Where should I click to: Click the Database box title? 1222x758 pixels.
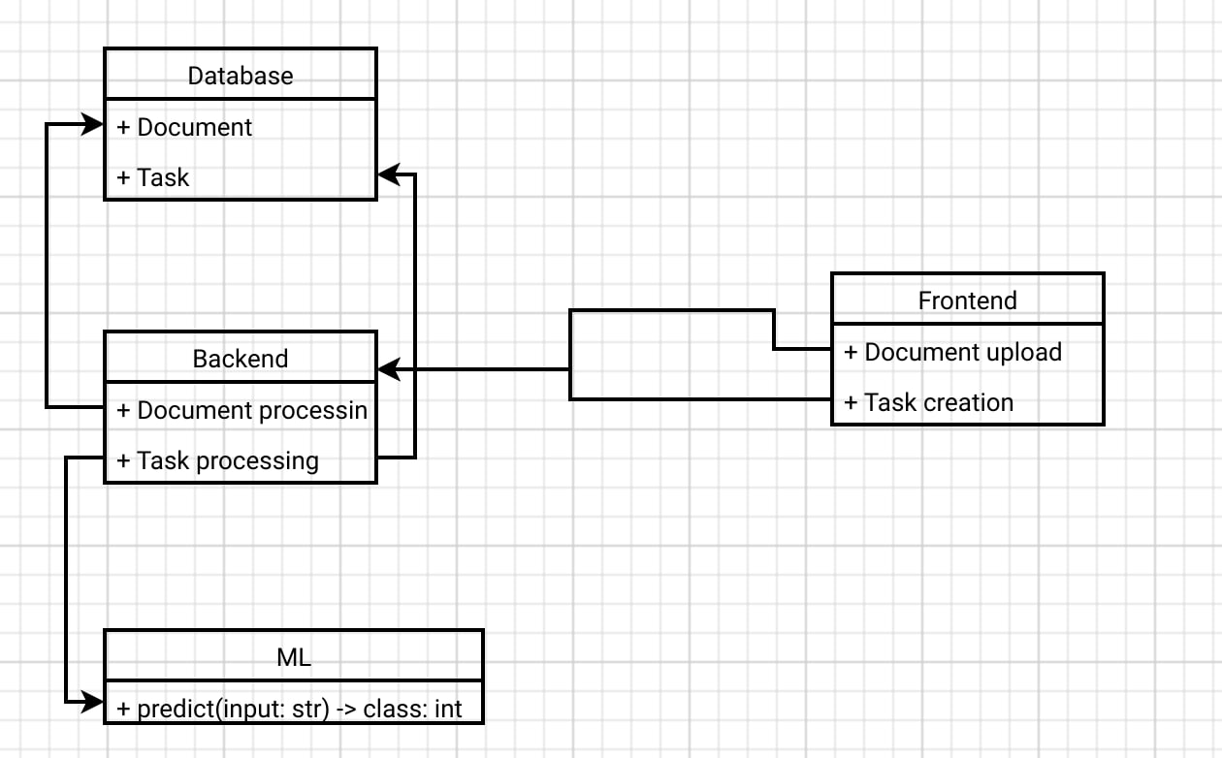point(241,76)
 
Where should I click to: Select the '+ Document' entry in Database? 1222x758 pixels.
point(184,127)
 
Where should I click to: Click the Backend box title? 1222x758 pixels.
point(241,359)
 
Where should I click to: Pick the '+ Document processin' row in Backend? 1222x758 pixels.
point(241,410)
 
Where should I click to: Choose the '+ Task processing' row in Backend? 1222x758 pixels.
point(217,460)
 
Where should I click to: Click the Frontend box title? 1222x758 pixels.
point(967,300)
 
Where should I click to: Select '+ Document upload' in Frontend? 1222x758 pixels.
point(952,352)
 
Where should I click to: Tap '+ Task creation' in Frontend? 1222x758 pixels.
point(928,402)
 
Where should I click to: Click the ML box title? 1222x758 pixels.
point(294,657)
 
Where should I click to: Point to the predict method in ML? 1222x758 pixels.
point(289,709)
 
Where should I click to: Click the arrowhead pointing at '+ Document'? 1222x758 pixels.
point(94,124)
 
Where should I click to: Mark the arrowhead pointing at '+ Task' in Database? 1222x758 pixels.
point(387,174)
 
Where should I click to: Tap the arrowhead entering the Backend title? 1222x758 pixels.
point(387,369)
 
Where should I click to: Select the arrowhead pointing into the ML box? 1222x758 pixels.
point(94,700)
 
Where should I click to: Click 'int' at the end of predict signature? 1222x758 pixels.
point(448,709)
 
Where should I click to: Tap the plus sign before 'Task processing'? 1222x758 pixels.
point(123,460)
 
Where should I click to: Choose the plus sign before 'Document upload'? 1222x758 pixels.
point(851,352)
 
